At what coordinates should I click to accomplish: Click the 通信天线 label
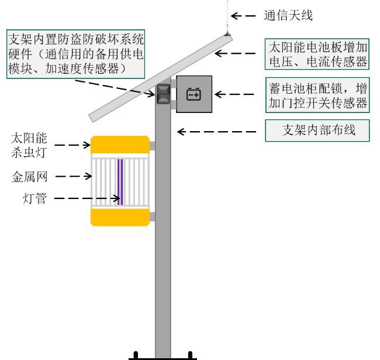[x=288, y=16]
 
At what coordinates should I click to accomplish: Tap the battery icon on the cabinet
[x=194, y=94]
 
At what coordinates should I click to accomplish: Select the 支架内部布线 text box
[x=317, y=131]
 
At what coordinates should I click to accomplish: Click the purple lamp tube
[x=120, y=182]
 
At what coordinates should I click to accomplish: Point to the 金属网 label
[x=29, y=177]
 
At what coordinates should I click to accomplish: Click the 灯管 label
[x=34, y=198]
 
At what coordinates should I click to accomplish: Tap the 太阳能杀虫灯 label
[x=29, y=145]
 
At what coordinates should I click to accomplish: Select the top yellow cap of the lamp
[x=120, y=145]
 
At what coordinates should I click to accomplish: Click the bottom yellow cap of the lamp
[x=120, y=217]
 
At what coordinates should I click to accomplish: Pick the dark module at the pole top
[x=163, y=94]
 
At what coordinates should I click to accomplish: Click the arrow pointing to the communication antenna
[x=243, y=16]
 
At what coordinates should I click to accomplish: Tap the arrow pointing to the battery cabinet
[x=234, y=94]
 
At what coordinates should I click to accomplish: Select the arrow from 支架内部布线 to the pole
[x=217, y=132]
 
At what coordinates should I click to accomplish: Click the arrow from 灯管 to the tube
[x=87, y=198]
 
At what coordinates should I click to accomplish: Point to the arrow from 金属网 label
[x=74, y=176]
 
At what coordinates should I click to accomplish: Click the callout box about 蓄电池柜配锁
[x=317, y=95]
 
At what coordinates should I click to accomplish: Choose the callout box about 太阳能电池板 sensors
[x=317, y=54]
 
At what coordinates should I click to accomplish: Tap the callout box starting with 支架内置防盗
[x=75, y=54]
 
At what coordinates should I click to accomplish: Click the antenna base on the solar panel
[x=227, y=34]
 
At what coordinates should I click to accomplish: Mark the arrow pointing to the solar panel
[x=235, y=53]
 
